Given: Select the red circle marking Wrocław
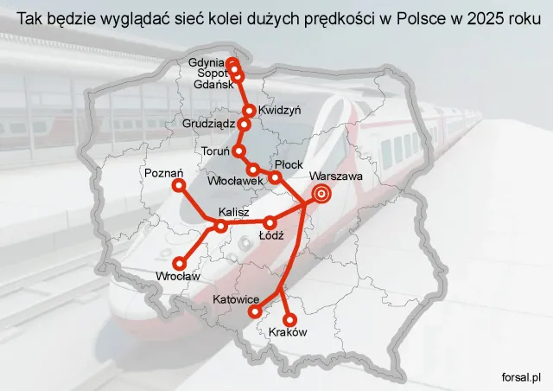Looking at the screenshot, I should pos(180,263).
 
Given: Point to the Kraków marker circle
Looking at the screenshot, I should pos(289,317).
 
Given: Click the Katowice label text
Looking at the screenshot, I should pos(238,298).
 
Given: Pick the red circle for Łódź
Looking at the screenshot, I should pos(270,221).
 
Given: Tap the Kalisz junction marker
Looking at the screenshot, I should pos(222,227).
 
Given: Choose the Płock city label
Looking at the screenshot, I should pos(286,164).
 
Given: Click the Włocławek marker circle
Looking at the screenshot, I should pos(253,169).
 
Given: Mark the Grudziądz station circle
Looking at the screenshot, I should pos(243,125).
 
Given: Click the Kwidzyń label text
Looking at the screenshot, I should pos(279,110).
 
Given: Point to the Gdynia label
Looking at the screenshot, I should pos(206,62).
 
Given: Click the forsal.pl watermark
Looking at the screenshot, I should pos(520,377).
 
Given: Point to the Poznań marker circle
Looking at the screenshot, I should pos(179,185).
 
